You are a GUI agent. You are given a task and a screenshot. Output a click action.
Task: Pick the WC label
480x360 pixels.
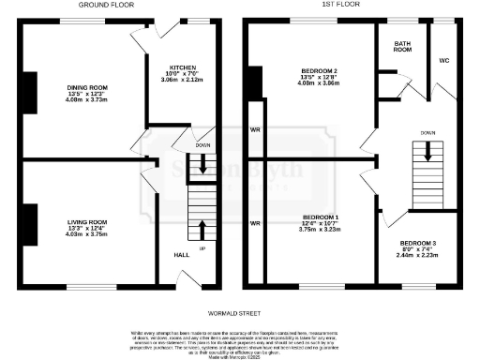click(x=443, y=61)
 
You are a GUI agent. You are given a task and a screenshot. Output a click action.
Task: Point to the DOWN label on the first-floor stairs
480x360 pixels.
click(x=427, y=132)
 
